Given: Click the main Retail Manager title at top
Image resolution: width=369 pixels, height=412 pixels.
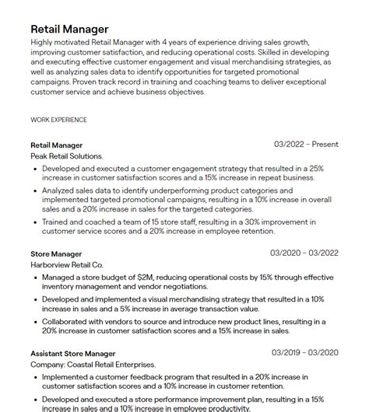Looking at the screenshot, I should [x=69, y=30].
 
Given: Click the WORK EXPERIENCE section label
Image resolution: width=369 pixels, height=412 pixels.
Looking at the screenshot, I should [x=58, y=120].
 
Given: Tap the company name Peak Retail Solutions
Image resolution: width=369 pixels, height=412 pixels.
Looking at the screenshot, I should [x=67, y=156].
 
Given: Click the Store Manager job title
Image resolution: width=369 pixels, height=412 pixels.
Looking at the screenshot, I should [x=56, y=253].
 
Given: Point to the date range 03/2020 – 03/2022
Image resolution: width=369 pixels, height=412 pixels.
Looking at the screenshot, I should [x=304, y=253].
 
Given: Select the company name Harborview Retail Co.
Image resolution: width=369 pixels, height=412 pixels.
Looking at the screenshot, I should [x=67, y=265].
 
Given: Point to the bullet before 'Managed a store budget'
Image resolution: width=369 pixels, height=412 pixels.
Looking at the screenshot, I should [x=35, y=277].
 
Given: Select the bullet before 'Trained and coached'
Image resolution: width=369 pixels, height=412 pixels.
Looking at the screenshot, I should [x=35, y=222].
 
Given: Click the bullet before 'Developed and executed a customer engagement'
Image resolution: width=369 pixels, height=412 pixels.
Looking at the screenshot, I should [x=35, y=168].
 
